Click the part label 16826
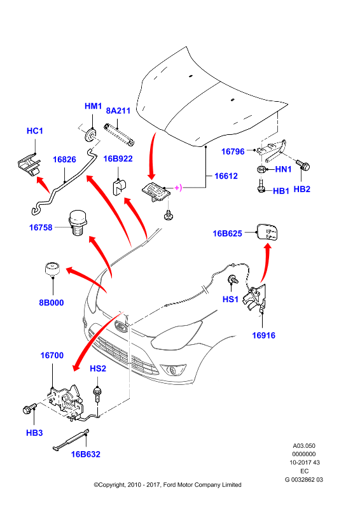click(x=64, y=160)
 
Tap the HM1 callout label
click(x=93, y=106)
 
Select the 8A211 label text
click(x=118, y=111)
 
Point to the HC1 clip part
click(x=29, y=165)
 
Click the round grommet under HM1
click(x=90, y=135)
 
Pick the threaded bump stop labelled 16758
click(x=78, y=223)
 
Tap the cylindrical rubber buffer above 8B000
click(x=52, y=269)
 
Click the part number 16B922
click(x=118, y=158)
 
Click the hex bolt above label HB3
click(x=29, y=408)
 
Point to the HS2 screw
click(x=97, y=394)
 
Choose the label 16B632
click(x=86, y=454)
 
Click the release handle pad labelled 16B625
click(x=268, y=232)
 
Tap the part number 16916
click(x=263, y=335)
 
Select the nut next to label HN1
click(x=262, y=169)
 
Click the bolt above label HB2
click(x=303, y=165)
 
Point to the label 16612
click(x=226, y=176)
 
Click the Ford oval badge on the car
click(x=121, y=326)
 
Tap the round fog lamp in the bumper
click(x=171, y=369)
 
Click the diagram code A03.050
click(x=304, y=446)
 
